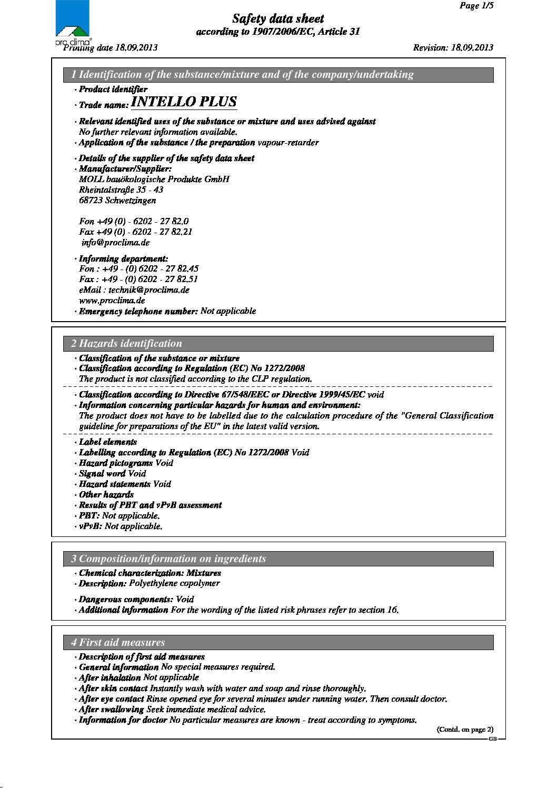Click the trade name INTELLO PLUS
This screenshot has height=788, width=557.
(x=184, y=102)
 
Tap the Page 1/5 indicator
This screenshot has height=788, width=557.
(x=476, y=6)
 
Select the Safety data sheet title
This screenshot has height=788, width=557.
(x=278, y=19)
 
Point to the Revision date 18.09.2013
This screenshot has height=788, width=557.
(x=453, y=47)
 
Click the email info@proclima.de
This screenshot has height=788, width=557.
(x=115, y=243)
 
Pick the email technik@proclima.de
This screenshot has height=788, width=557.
(x=149, y=290)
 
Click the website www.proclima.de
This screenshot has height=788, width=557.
(x=112, y=301)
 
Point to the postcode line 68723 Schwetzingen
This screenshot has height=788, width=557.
(x=117, y=201)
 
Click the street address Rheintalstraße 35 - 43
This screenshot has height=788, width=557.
(x=121, y=190)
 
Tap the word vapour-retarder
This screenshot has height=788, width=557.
(x=288, y=143)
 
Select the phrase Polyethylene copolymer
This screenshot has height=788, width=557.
(x=174, y=583)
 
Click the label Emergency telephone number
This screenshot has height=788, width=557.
(x=138, y=311)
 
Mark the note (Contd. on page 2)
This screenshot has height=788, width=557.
(x=465, y=730)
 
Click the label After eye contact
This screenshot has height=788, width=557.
(x=111, y=699)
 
